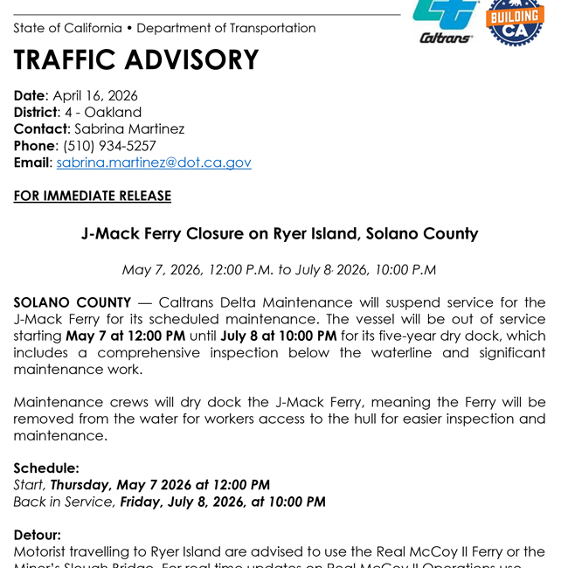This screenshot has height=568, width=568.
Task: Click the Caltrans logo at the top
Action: [x=446, y=21]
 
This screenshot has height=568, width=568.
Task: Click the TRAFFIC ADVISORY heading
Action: [x=136, y=60]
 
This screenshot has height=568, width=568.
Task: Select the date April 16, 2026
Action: [x=95, y=96]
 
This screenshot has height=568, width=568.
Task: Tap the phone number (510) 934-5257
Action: [x=109, y=146]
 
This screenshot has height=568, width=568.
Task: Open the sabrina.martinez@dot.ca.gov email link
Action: [x=154, y=163]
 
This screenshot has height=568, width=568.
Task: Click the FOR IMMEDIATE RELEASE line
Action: [x=92, y=196]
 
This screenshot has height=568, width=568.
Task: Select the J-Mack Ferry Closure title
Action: [x=280, y=234]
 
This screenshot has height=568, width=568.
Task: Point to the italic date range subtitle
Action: [x=280, y=270]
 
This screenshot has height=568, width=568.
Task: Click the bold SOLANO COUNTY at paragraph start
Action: [x=72, y=303]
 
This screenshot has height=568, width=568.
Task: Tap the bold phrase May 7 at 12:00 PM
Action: [x=125, y=336]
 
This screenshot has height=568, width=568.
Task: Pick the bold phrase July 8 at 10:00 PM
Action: [x=279, y=336]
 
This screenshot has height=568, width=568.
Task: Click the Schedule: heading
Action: [x=46, y=468]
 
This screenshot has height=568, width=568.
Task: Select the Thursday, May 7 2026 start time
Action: [x=160, y=485]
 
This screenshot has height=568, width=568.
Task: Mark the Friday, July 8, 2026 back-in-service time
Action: [x=223, y=502]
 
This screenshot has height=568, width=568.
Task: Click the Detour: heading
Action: [x=38, y=535]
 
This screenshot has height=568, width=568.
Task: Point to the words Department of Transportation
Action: [x=226, y=28]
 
